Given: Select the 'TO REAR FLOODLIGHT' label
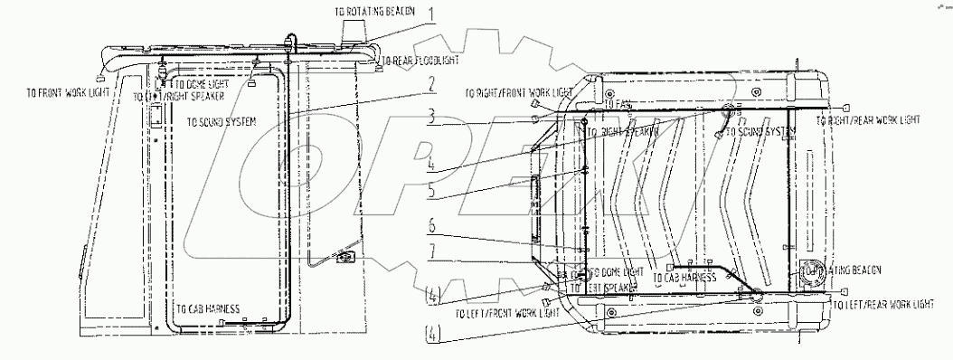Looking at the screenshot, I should (x=420, y=61).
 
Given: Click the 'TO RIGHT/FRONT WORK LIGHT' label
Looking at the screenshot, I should (x=518, y=93).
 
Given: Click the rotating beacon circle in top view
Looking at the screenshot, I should (x=809, y=271).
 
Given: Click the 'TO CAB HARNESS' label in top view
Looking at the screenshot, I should (x=690, y=278).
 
